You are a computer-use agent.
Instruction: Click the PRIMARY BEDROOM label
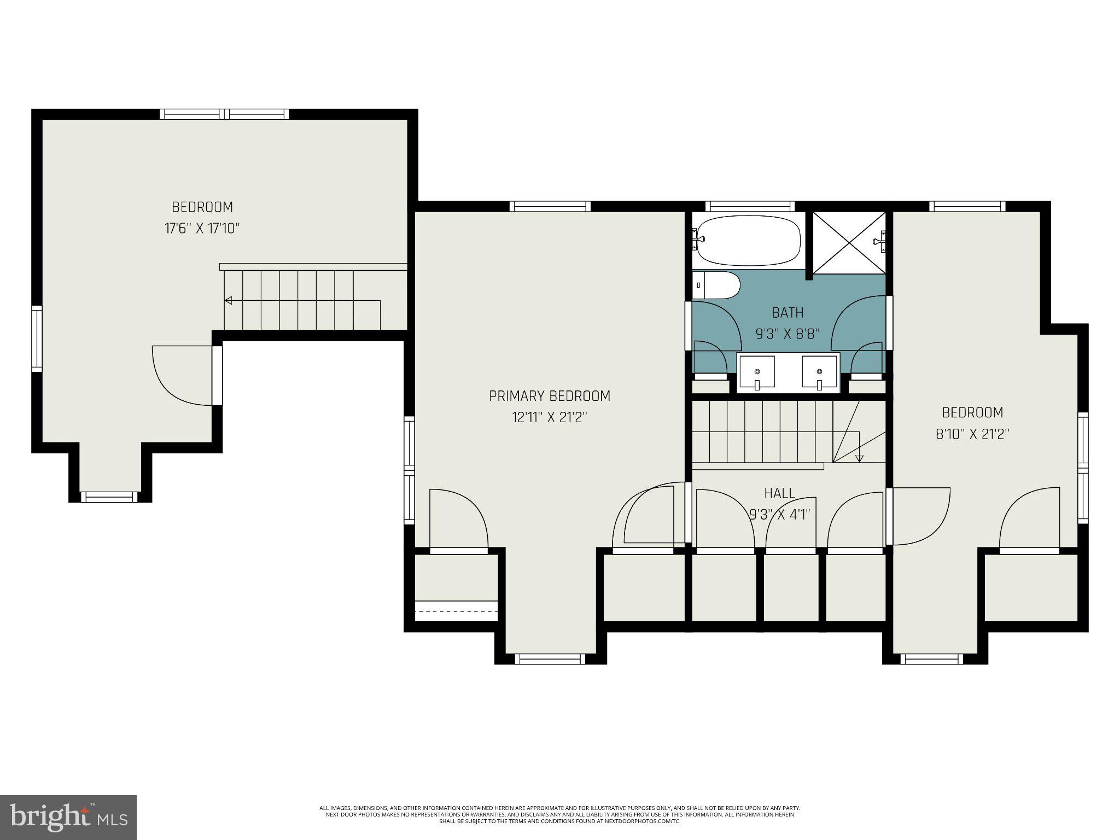[549, 396]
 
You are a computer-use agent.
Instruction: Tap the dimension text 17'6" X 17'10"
[202, 229]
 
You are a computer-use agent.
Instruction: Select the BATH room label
[787, 313]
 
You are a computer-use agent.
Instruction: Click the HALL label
[779, 493]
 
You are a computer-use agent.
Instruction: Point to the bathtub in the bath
[748, 241]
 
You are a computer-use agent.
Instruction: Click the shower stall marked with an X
[848, 242]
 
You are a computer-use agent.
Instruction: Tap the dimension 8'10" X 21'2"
[972, 434]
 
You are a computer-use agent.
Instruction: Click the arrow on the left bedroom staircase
[229, 300]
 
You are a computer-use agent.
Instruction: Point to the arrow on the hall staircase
[859, 458]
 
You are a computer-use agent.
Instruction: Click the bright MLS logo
[68, 817]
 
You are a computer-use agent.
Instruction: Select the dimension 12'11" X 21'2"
[549, 418]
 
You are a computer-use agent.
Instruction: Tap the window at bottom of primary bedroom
[550, 660]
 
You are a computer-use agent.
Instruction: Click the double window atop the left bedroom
[224, 114]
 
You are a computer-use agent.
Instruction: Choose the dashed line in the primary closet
[456, 611]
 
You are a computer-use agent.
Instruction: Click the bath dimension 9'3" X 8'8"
[787, 334]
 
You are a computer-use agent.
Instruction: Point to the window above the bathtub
[749, 206]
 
